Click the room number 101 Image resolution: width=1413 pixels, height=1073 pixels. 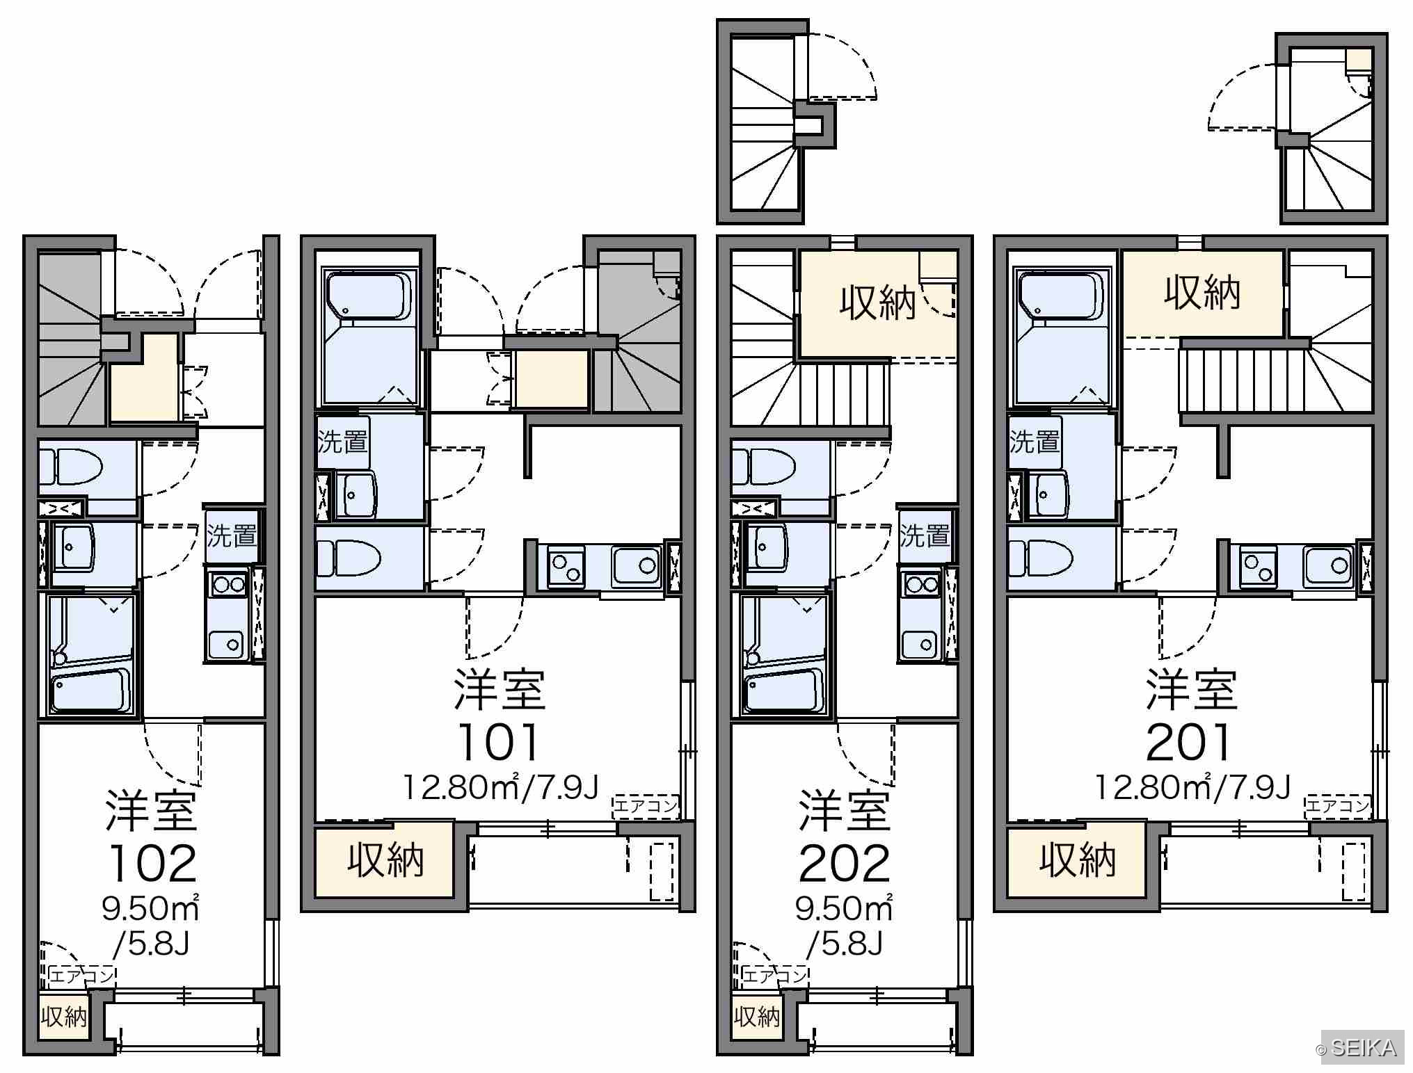[499, 742]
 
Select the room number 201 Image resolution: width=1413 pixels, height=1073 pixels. [1188, 742]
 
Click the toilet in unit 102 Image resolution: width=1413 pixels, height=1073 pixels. [70, 466]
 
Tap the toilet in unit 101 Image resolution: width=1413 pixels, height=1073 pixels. [347, 558]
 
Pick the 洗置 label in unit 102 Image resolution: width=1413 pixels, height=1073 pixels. [232, 536]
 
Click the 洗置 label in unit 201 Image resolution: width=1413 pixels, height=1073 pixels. [1035, 442]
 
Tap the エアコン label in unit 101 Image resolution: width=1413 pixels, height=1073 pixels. [645, 807]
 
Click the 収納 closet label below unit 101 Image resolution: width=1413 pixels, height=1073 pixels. [386, 861]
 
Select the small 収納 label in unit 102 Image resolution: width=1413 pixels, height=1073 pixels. [64, 1017]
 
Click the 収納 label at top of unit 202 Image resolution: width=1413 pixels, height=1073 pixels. [877, 304]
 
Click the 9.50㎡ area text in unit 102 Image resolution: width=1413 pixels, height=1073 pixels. [151, 907]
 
